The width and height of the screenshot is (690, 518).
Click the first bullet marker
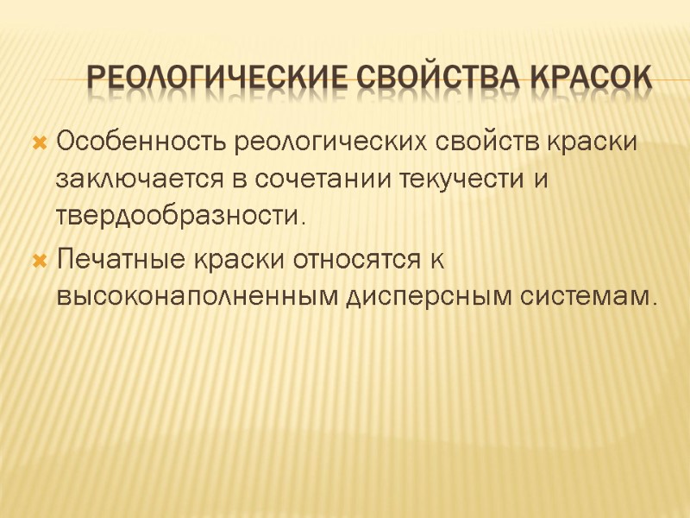38,142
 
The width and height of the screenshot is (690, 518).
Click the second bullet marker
38,259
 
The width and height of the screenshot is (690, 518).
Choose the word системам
583,297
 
